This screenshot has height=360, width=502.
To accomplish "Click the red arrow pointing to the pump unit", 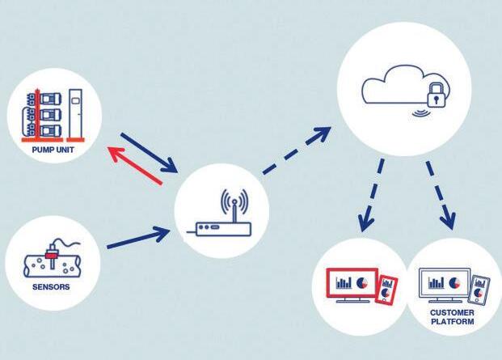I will (134, 165).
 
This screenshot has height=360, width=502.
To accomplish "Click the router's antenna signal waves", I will (233, 202).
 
